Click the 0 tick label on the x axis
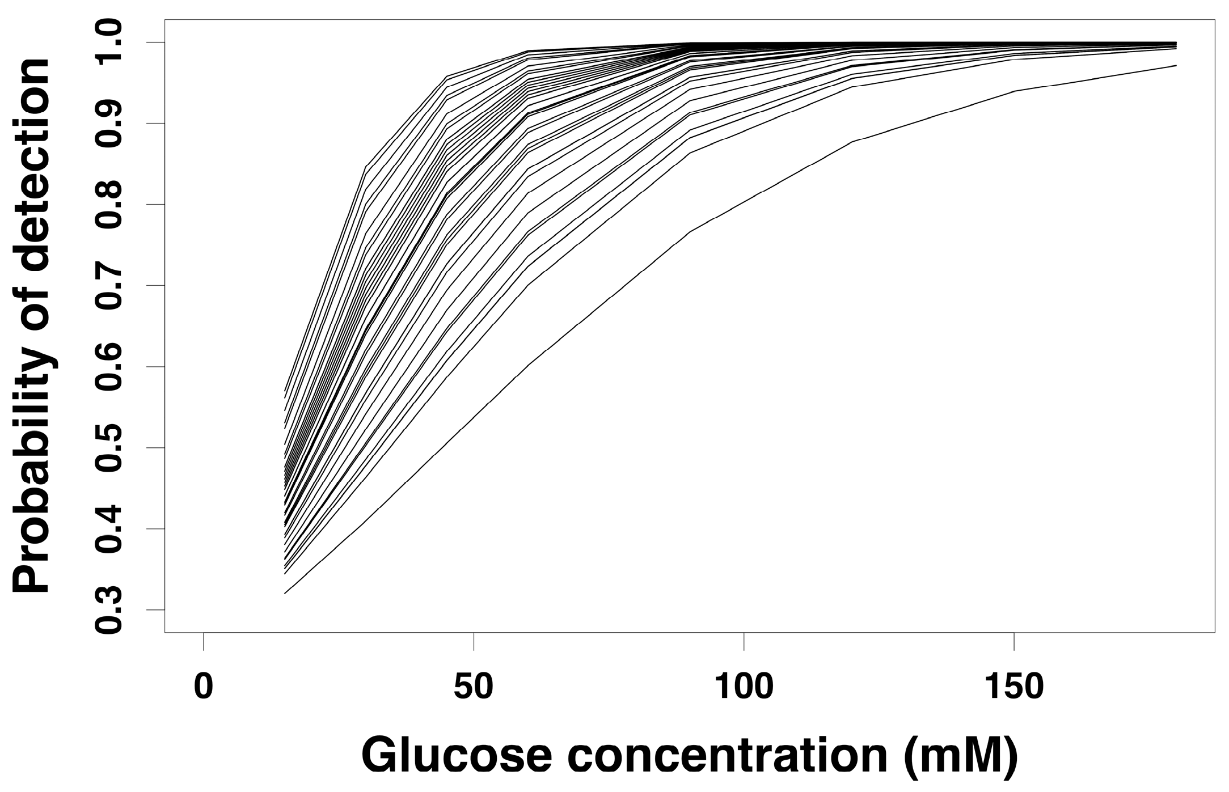203,687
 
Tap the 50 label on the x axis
473,687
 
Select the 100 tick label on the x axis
743,687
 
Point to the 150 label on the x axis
1013,687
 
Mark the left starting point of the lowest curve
285,593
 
